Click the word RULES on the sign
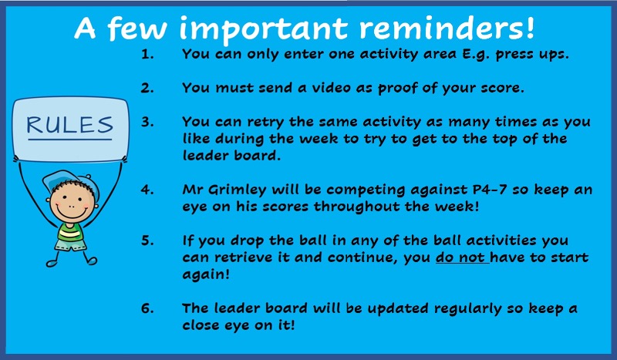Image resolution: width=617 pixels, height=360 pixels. click(70, 125)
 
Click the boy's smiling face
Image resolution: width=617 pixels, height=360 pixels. click(72, 204)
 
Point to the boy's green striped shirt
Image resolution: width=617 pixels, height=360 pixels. click(70, 233)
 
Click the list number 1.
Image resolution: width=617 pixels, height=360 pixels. click(147, 54)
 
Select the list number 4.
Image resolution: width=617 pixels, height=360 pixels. click(147, 190)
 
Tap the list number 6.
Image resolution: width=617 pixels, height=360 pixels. click(147, 308)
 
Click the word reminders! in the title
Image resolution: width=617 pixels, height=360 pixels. click(447, 28)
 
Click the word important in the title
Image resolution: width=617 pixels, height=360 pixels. click(263, 29)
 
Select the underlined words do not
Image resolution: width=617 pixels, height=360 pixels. click(460, 257)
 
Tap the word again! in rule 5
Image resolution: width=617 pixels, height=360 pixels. click(206, 275)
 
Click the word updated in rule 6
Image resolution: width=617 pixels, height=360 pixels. click(398, 309)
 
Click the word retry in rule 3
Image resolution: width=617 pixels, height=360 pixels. click(265, 123)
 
